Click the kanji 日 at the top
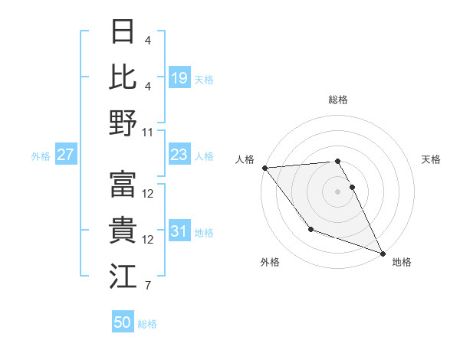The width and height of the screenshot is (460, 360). pos(123,33)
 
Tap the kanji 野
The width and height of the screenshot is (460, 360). pos(123,123)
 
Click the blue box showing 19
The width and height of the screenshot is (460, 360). pos(179,77)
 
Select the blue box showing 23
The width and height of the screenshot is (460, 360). pos(179,155)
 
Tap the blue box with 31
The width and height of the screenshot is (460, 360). pos(179,231)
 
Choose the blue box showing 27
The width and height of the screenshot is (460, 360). pos(66,155)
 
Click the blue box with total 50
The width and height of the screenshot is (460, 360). pos(123,322)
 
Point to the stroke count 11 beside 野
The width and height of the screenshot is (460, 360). pos(148,132)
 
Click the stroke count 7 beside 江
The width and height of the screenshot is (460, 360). pos(146,286)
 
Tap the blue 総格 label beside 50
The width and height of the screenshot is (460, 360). pos(147,324)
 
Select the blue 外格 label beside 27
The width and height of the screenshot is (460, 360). pos(41,156)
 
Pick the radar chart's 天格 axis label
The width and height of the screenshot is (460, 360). pos(431,159)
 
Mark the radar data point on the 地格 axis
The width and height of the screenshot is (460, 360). pos(382,253)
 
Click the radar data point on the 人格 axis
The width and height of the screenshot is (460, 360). pos(264,168)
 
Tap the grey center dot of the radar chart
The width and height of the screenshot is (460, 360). pos(337,191)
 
